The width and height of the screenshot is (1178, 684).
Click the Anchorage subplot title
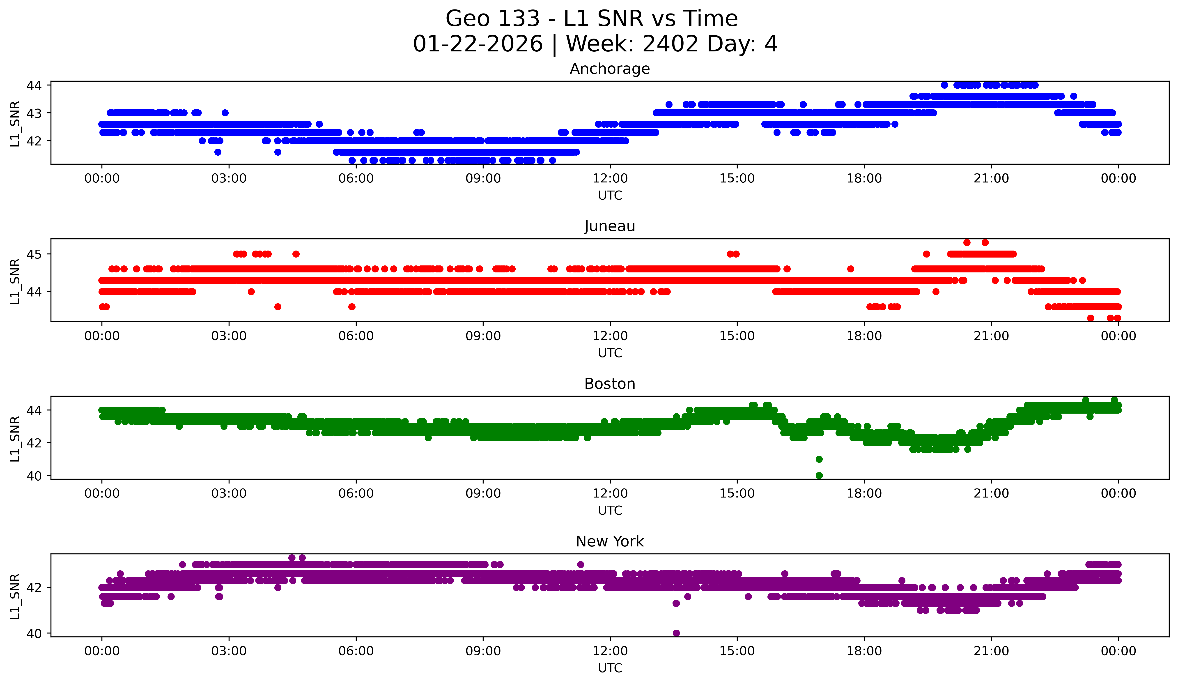610,69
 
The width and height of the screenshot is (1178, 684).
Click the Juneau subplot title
610,226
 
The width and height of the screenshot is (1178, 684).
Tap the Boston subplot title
610,384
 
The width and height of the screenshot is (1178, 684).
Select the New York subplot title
610,541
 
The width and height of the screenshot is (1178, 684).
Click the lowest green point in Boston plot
819,475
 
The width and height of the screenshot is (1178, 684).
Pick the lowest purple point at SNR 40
676,633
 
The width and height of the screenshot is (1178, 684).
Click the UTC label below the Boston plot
610,511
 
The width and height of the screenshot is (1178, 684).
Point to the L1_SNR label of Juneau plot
15,281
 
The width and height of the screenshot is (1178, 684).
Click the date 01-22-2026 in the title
478,44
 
